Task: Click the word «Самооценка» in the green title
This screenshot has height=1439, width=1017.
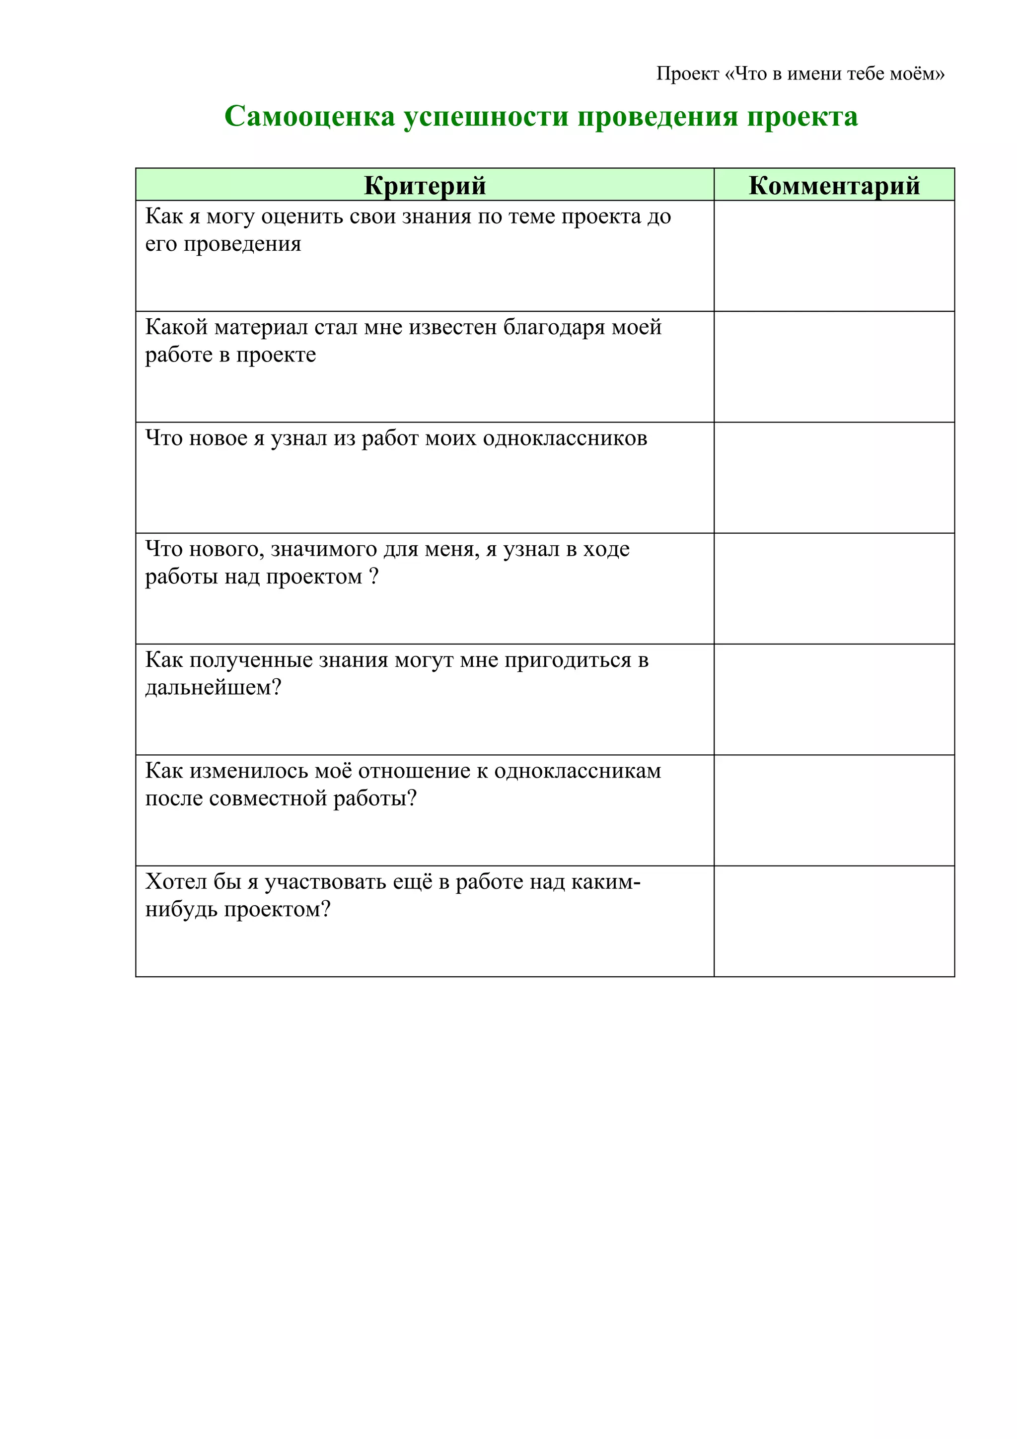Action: click(x=309, y=117)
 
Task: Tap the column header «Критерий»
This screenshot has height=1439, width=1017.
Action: click(x=425, y=186)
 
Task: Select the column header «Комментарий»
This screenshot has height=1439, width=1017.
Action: click(x=833, y=186)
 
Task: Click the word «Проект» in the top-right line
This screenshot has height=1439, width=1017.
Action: click(x=687, y=74)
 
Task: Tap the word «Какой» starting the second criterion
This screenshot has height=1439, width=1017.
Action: click(x=176, y=327)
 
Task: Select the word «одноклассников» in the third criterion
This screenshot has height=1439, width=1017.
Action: click(x=565, y=438)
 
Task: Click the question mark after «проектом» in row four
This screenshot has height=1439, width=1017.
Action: click(x=373, y=576)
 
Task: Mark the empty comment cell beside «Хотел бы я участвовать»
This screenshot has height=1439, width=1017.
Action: click(x=833, y=921)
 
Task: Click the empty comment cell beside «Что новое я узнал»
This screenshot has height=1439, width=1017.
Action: click(x=833, y=478)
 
